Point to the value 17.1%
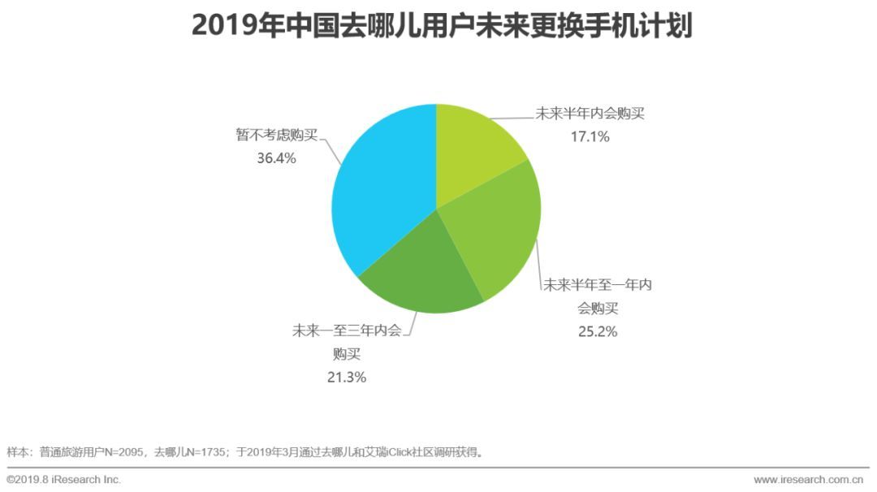[590, 136]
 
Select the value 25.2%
[598, 331]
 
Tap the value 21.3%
[347, 377]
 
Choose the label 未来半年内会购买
[590, 114]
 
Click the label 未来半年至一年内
[598, 285]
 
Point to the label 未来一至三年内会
[347, 331]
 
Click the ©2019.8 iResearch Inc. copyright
[64, 480]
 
